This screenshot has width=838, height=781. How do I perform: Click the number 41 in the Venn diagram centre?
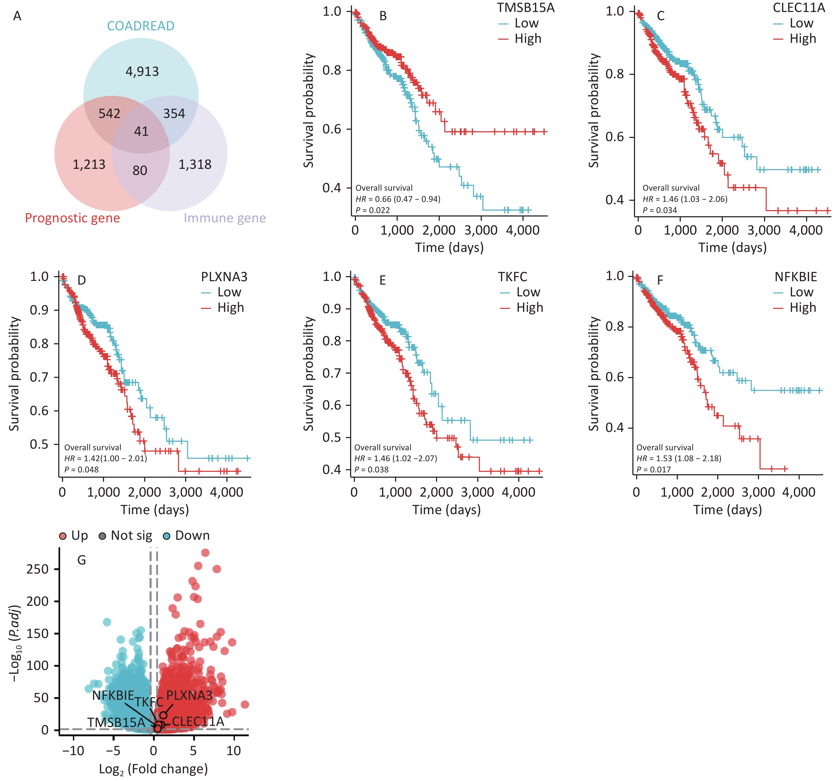[141, 131]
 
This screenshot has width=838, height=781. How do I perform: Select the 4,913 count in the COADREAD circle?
[142, 71]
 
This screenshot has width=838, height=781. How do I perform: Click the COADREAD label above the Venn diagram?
[140, 26]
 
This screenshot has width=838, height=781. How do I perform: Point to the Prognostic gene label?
[73, 218]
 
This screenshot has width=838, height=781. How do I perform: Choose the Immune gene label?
[225, 218]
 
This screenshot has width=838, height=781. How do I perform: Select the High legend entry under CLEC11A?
[802, 39]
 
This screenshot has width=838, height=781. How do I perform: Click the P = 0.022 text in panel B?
[373, 210]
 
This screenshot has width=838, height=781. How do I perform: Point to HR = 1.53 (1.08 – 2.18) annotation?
[679, 458]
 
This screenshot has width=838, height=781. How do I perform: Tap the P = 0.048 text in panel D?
[81, 470]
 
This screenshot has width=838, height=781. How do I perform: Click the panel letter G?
[81, 560]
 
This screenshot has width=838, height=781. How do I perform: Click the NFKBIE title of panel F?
[795, 277]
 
